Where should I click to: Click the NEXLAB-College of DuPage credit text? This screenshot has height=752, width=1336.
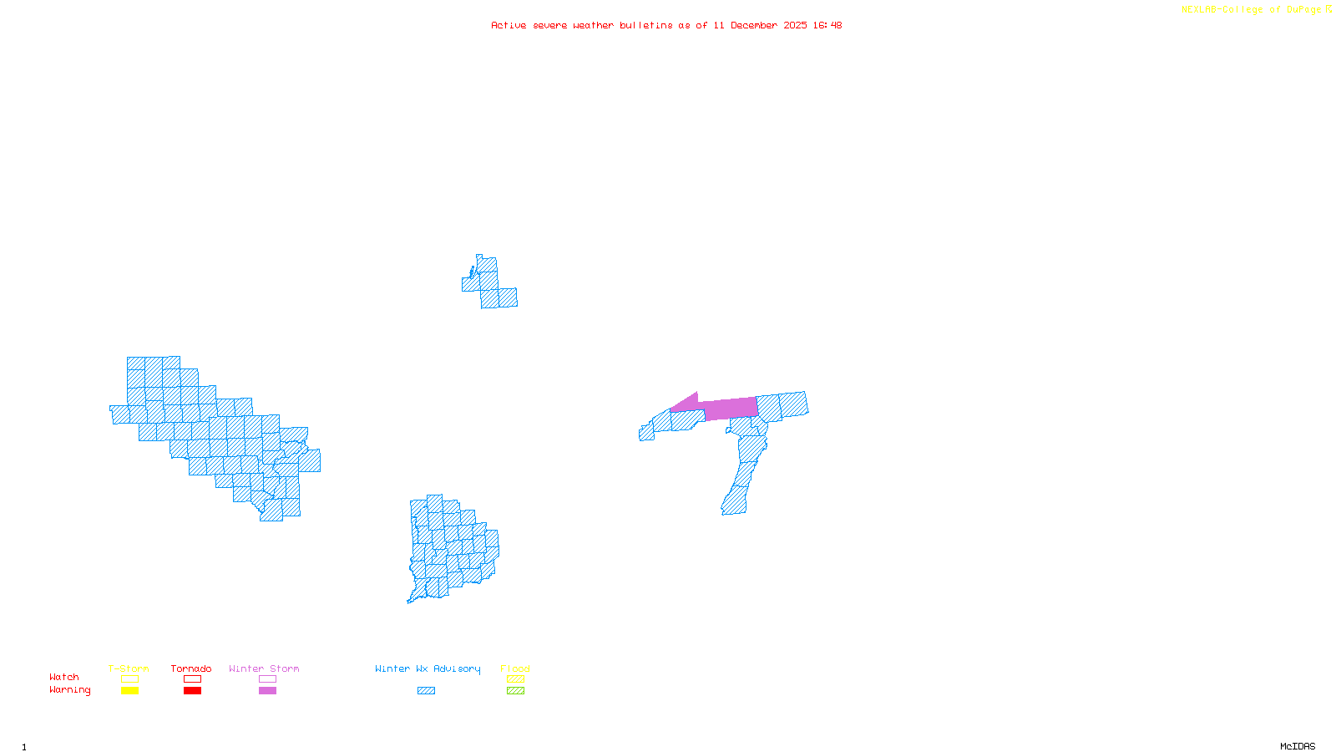pos(1252,10)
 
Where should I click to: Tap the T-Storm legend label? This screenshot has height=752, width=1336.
pos(129,668)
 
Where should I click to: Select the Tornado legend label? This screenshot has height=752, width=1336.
pos(191,668)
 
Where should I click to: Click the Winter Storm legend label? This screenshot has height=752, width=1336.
pos(264,668)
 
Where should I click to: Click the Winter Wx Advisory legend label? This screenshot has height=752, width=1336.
pos(428,668)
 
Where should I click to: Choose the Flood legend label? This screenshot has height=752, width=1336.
pos(515,668)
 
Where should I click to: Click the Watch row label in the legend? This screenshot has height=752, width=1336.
pos(64,678)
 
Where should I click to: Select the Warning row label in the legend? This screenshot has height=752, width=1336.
pos(70,690)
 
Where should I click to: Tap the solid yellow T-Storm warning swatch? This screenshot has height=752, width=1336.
pos(129,691)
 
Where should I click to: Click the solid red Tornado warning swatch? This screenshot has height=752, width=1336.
pos(193,691)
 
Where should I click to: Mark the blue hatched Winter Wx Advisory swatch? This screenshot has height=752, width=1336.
pos(427,691)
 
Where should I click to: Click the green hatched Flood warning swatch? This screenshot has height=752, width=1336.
pos(516,691)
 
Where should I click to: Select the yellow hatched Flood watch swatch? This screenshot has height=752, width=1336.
pos(516,679)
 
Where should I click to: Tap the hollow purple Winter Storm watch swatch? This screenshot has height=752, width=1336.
pos(268,679)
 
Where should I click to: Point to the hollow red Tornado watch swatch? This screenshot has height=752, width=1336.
pos(193,679)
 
